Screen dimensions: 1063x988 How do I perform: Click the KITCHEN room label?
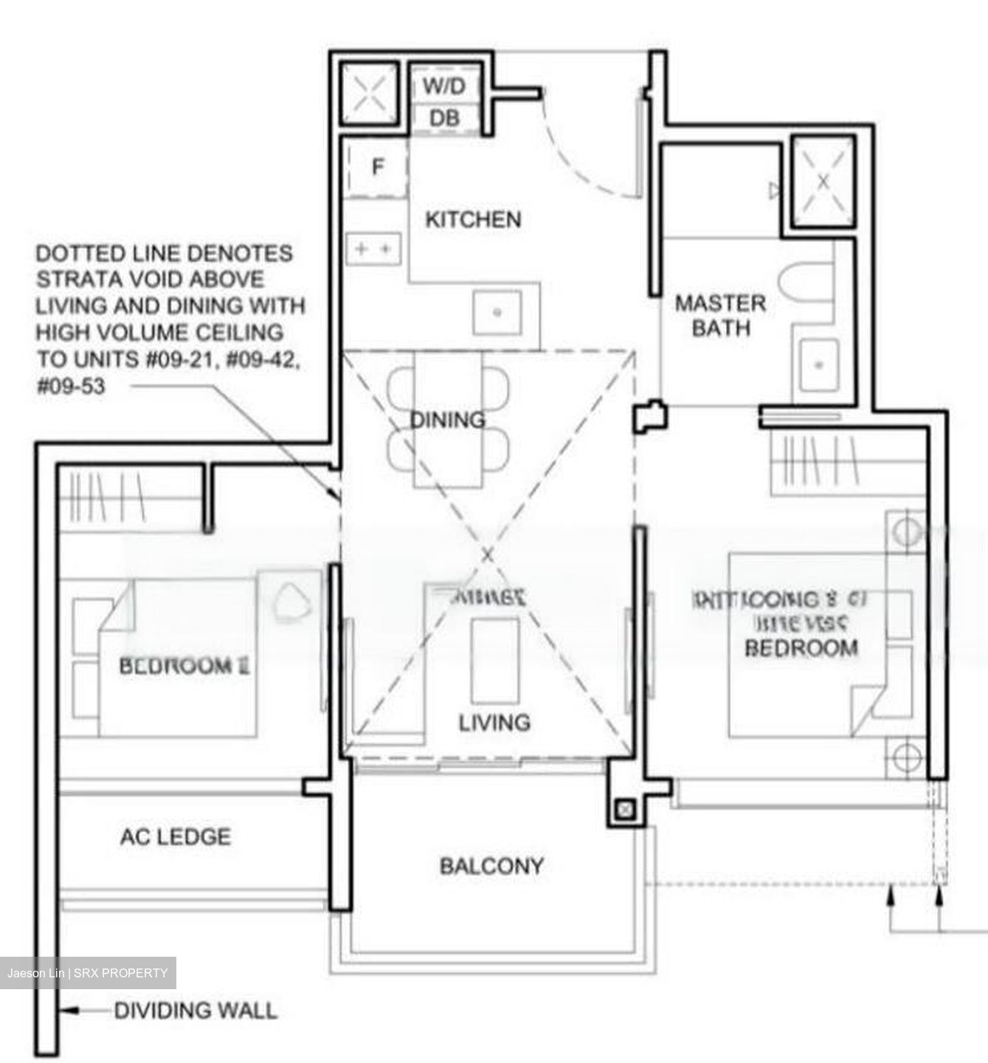[x=473, y=219]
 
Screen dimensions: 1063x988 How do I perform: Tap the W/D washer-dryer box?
[x=444, y=86]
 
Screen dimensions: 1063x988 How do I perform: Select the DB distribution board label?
[x=444, y=118]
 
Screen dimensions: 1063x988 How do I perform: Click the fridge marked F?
[x=377, y=168]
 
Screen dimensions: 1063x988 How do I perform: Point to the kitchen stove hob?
[x=373, y=249]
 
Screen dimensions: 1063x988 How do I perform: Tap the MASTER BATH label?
[x=720, y=315]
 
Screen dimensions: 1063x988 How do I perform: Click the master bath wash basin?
[x=818, y=364]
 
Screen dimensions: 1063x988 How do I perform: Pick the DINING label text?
[x=447, y=419]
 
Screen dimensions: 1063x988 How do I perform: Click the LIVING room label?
[x=494, y=722]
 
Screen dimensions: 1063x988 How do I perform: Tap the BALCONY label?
[x=491, y=865]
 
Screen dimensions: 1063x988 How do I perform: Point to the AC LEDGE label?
[x=176, y=836]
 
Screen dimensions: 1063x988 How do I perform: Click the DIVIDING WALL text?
[x=196, y=1010]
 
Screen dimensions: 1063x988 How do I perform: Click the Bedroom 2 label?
[x=184, y=666]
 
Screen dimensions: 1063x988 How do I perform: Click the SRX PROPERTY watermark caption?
[x=87, y=973]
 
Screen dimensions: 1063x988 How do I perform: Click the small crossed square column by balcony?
[x=624, y=809]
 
